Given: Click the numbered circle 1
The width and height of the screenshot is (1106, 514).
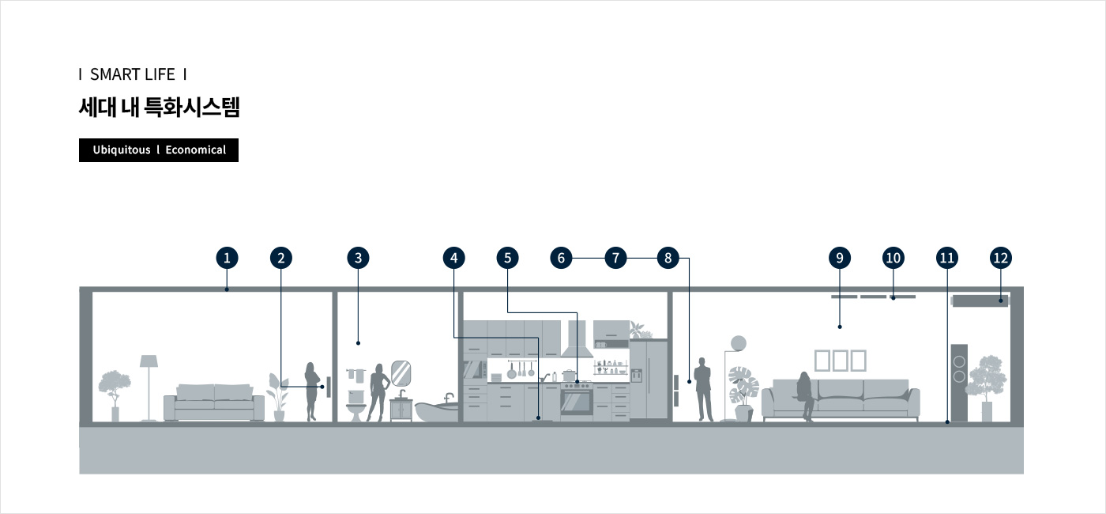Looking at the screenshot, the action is [228, 258].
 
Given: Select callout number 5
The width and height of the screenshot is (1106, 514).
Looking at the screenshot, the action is [507, 258].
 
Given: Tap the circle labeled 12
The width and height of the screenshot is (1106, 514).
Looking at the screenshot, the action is [1001, 258].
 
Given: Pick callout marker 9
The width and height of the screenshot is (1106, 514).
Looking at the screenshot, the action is [840, 258].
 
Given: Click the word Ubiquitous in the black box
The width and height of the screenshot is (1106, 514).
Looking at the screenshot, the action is [122, 149].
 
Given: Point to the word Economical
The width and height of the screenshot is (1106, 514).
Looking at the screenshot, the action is [196, 149].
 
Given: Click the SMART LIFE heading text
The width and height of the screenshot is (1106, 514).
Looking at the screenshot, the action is [133, 74].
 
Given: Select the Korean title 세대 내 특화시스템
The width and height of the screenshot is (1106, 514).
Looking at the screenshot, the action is [159, 108].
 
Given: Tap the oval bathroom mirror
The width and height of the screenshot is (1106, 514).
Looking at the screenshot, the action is [401, 373].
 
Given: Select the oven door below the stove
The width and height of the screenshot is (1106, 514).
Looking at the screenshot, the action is [576, 403].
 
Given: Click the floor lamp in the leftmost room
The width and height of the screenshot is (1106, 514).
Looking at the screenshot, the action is [149, 388].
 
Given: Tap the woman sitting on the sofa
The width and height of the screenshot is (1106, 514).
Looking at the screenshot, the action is [805, 396].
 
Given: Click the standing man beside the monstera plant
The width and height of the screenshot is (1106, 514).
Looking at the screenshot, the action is [703, 389].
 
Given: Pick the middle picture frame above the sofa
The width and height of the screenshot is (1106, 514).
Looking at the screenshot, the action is [840, 361].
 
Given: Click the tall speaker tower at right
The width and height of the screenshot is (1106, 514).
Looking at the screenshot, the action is [959, 383].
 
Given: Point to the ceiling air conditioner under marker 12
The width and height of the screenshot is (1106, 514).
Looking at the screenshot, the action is [980, 300].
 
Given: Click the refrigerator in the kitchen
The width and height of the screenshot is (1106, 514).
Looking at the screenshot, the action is [649, 380].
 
